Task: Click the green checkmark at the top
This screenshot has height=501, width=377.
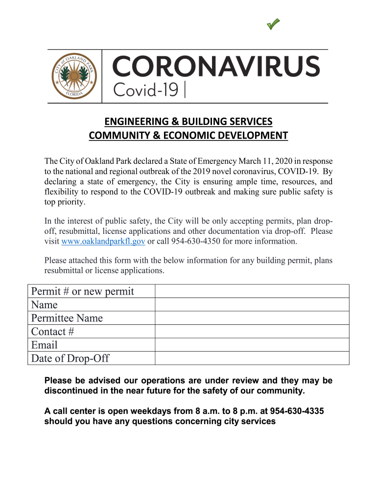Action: click(x=274, y=23)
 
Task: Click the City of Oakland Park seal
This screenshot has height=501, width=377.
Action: click(x=75, y=76)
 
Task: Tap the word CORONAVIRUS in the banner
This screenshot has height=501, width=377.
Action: click(x=216, y=66)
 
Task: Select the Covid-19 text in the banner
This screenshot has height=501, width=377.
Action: click(x=146, y=90)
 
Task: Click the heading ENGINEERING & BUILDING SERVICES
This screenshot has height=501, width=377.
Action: click(x=188, y=121)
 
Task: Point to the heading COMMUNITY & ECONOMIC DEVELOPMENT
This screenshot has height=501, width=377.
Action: click(x=188, y=136)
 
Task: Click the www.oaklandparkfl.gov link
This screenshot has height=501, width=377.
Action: click(x=103, y=241)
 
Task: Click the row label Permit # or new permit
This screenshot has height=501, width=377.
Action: click(x=82, y=292)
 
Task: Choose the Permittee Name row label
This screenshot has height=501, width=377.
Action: click(x=67, y=318)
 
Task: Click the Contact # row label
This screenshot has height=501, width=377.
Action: click(x=52, y=332)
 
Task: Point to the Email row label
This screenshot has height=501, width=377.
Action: click(x=44, y=345)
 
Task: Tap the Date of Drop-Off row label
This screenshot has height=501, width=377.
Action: click(x=70, y=359)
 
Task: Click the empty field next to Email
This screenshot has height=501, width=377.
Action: click(x=252, y=345)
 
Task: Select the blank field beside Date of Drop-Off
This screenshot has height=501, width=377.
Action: click(x=252, y=359)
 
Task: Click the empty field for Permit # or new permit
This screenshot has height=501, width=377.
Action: click(x=252, y=292)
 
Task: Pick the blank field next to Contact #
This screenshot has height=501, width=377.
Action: click(x=252, y=332)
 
